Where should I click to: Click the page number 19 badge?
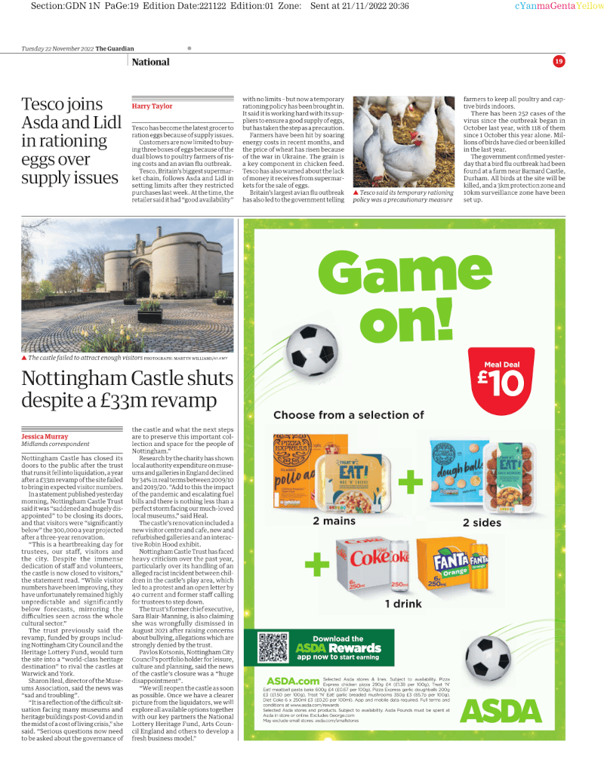coord(559,61)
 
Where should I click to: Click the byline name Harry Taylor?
coord(152,106)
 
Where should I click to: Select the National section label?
coord(150,62)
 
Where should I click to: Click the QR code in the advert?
coord(273,647)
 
